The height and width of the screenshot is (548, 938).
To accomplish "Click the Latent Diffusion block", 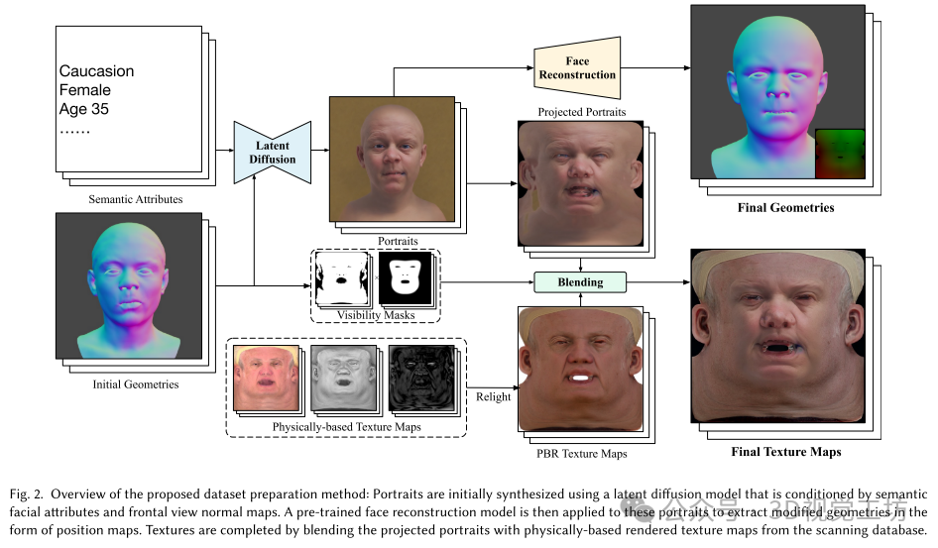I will tap(272, 153).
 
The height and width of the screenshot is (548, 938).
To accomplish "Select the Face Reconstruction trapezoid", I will tap(577, 68).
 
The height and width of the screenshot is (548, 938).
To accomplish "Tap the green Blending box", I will tap(580, 281).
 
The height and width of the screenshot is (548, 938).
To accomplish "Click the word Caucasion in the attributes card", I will tap(96, 71).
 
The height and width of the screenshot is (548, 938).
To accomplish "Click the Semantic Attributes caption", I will tap(135, 199).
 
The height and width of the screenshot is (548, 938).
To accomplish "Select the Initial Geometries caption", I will tap(136, 384).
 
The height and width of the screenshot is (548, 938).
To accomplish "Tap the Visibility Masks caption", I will tap(376, 315).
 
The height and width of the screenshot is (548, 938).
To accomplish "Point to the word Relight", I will tap(493, 396).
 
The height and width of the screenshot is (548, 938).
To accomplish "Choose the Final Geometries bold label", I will tap(785, 207).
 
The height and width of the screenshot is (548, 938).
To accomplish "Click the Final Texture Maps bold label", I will tap(785, 452).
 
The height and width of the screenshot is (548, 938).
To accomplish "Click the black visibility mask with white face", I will tap(406, 277).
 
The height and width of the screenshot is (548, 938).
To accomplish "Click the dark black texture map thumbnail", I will tap(421, 380).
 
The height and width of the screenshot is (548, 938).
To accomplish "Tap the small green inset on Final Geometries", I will tap(839, 154).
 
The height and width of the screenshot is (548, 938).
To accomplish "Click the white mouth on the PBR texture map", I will tap(579, 377).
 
